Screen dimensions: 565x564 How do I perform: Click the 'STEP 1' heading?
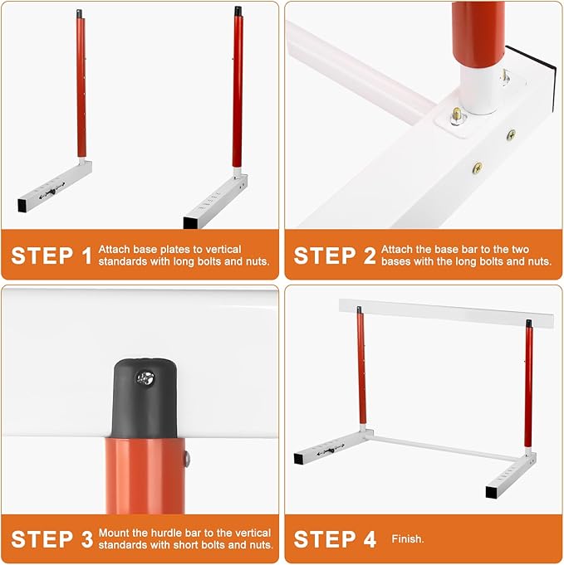coord(51,255)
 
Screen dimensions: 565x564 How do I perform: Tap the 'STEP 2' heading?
coord(335,255)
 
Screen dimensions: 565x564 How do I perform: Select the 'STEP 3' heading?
coord(51,538)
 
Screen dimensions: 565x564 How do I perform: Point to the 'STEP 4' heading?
coord(335,538)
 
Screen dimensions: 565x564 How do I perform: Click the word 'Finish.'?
coord(408,539)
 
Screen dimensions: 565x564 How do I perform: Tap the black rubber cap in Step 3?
coord(141,395)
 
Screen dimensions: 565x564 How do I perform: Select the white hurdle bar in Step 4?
coord(445,313)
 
